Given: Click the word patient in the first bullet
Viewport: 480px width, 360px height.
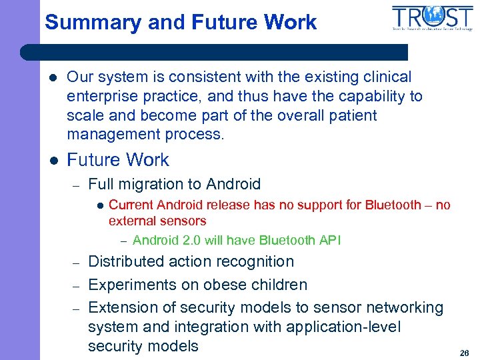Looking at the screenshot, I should pos(351,115).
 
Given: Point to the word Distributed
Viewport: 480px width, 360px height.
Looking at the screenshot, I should pos(127,262).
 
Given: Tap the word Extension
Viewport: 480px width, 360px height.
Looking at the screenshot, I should pos(121,307).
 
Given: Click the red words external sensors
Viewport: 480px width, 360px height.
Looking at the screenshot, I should pos(157,221).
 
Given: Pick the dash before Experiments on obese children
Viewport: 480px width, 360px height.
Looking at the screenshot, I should pos(77,285).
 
